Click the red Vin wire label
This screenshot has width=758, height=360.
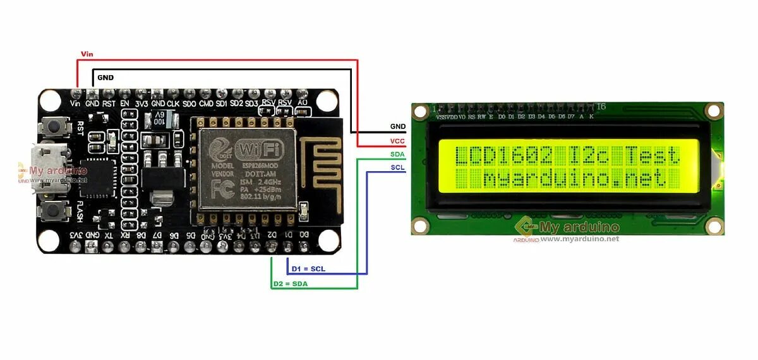(87, 54)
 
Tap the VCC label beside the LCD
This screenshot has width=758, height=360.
(397, 141)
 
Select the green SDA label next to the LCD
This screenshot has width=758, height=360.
(397, 155)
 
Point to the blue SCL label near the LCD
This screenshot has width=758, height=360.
(397, 167)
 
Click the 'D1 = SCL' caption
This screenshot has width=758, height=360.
(308, 269)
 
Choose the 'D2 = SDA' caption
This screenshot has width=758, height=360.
(290, 284)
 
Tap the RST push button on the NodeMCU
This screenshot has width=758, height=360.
(55, 126)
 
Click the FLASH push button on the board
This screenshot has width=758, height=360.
(55, 210)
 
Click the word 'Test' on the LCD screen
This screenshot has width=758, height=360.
(652, 155)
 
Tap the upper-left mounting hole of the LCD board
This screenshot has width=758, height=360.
(419, 112)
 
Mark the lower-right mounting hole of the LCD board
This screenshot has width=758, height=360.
(714, 226)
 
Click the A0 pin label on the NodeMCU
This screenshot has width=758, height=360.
(303, 102)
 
